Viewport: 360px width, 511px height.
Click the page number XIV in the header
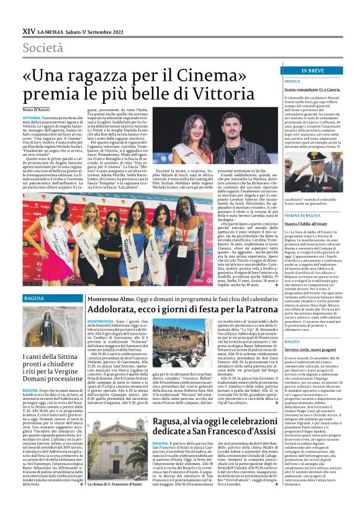[x=28, y=30]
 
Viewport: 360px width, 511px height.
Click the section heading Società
[x=43, y=48]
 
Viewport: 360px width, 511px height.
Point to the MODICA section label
[x=293, y=81]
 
